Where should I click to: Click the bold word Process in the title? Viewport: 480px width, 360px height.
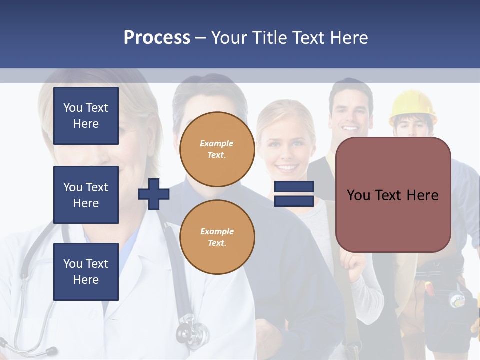click(157, 38)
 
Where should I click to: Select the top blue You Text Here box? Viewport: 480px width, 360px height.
click(86, 116)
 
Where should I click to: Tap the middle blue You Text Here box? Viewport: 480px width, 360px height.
click(86, 195)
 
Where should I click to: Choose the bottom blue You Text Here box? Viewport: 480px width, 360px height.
click(86, 272)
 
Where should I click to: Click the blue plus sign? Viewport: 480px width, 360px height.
click(154, 194)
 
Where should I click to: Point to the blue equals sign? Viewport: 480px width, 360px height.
click(294, 194)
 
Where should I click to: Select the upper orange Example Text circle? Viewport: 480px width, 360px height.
click(217, 149)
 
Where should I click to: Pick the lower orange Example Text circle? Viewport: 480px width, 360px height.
click(217, 237)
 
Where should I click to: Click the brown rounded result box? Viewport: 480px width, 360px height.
click(393, 195)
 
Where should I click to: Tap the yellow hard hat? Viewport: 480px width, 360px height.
click(412, 105)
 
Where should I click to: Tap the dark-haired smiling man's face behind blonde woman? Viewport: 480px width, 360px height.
click(351, 113)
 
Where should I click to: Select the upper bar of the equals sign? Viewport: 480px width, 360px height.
click(294, 187)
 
